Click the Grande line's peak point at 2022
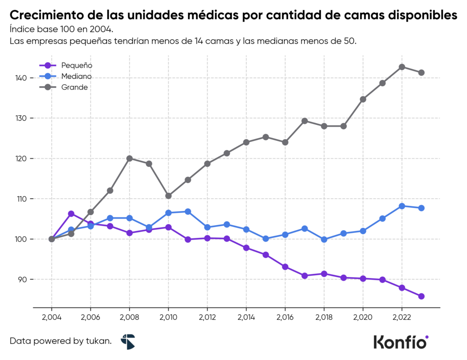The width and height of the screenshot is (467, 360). click(x=402, y=67)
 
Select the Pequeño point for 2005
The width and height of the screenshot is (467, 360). click(x=71, y=214)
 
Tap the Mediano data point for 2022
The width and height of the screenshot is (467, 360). click(x=402, y=206)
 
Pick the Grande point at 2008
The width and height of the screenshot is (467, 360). click(x=130, y=159)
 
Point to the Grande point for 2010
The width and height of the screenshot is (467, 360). click(x=168, y=196)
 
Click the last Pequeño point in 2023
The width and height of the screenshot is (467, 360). click(x=421, y=296)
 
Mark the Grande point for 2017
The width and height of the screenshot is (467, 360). click(x=305, y=121)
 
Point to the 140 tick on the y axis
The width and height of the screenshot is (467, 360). click(x=21, y=78)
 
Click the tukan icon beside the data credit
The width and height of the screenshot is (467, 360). click(x=128, y=341)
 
